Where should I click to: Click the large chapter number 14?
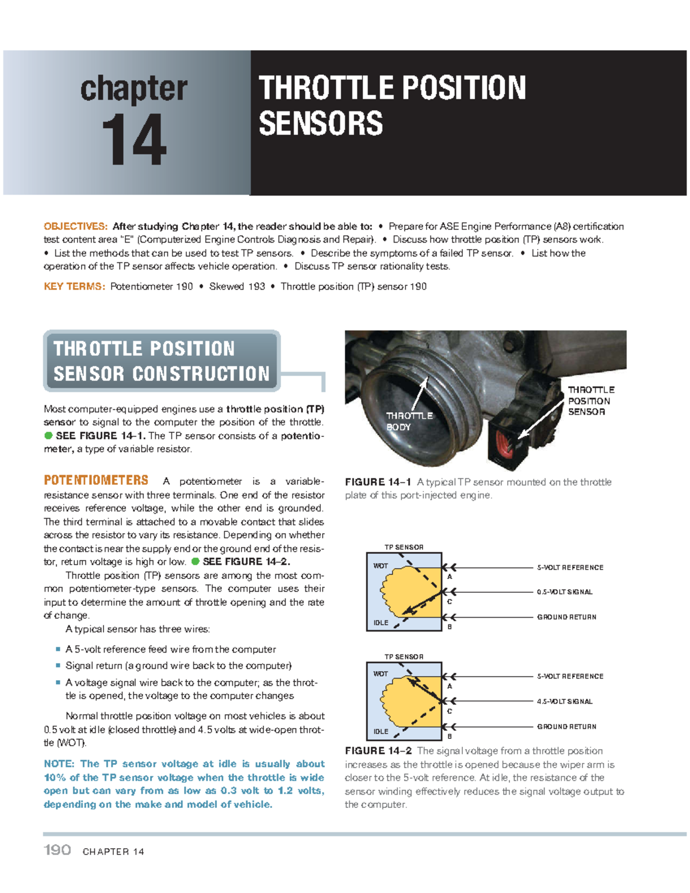pos(133,140)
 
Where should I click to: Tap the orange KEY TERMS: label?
pos(74,286)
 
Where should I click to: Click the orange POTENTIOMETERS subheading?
pos(96,480)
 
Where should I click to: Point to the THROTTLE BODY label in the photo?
pos(408,421)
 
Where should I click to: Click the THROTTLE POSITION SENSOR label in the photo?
pos(591,401)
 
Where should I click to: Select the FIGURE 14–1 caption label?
pos(378,482)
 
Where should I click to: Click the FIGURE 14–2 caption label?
pos(378,751)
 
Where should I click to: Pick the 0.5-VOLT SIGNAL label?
pos(564,592)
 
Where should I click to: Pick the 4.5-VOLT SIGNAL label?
pos(564,702)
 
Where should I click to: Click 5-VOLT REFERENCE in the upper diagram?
pos(570,568)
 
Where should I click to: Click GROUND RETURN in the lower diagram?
pos(566,727)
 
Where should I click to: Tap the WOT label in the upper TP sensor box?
pos(380,566)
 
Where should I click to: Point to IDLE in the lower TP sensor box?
pos(381,731)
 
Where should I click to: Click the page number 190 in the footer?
pos(57,850)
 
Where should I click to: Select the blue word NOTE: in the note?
pos(59,764)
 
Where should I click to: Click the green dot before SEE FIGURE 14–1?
pos(49,436)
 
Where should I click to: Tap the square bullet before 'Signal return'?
pos(58,665)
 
